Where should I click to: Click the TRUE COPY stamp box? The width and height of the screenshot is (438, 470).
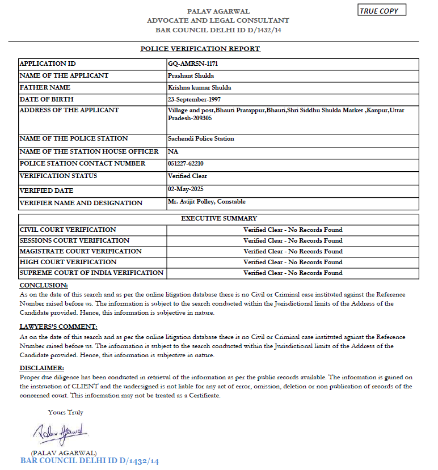382,10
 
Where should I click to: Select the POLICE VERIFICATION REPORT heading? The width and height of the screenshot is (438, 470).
200,49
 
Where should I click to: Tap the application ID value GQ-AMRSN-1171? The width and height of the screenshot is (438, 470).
193,64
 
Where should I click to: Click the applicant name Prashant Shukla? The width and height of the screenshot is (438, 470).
191,75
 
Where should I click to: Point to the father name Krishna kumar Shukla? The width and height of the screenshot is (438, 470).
200,87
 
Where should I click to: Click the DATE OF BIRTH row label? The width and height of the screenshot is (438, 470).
45,99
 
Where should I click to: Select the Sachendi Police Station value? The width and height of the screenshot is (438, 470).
201,138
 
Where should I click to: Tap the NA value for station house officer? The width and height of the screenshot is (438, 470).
172,151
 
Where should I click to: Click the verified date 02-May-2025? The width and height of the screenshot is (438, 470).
186,189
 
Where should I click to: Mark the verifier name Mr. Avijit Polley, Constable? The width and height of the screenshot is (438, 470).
207,201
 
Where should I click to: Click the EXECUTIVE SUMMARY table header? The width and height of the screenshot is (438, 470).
219,218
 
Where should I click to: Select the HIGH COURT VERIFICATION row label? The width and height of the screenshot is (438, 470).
68,262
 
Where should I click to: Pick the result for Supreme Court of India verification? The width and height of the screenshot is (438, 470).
293,273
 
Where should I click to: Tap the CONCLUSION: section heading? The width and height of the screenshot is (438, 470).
44,285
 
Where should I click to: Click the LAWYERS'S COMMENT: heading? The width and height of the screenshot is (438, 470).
58,327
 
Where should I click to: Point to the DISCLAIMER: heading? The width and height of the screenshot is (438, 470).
42,369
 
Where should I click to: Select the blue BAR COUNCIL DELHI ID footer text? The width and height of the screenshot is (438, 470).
90,461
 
